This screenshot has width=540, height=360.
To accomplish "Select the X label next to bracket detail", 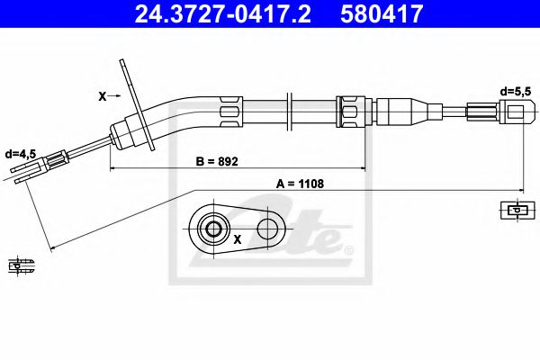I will [x=238, y=239].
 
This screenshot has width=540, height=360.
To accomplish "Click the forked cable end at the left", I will [x=45, y=166].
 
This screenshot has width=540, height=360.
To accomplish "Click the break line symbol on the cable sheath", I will [x=289, y=112].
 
